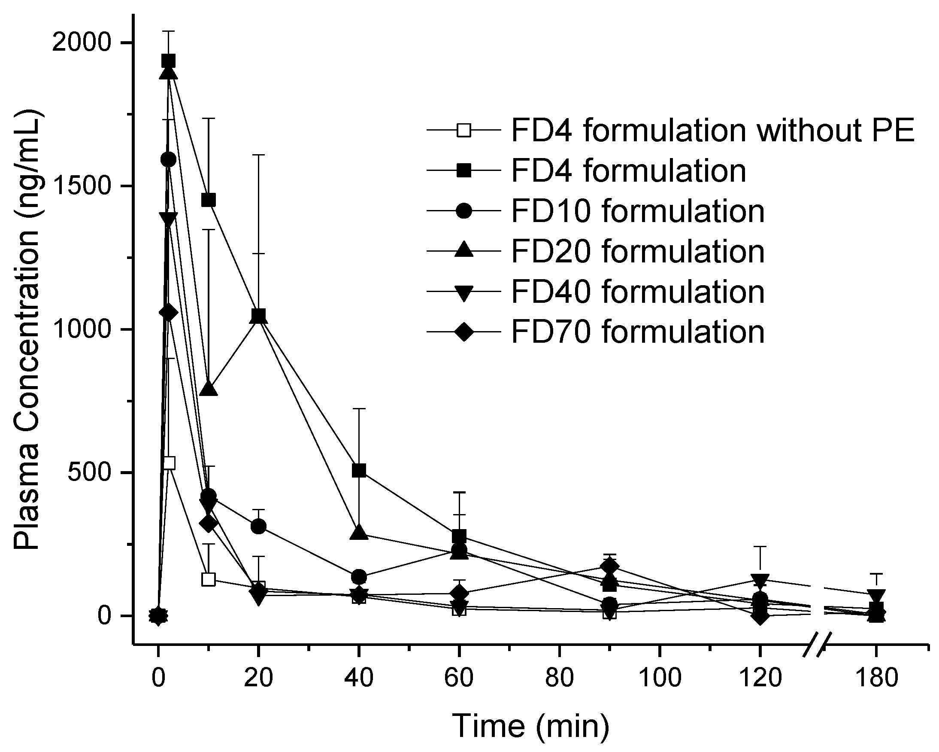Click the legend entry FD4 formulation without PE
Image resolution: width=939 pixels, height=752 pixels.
(712, 131)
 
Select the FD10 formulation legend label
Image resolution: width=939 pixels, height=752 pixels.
(637, 211)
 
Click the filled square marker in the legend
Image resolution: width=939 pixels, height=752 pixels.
(464, 171)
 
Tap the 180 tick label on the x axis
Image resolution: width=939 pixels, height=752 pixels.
(875, 679)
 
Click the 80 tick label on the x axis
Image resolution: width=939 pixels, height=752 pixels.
(559, 679)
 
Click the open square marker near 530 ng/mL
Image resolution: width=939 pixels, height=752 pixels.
(169, 463)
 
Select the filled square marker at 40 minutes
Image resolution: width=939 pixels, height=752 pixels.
(359, 470)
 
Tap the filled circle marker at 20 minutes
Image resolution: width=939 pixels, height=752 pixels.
(259, 527)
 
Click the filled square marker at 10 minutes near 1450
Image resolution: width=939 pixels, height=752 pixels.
(209, 200)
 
